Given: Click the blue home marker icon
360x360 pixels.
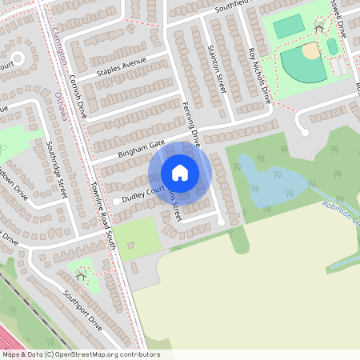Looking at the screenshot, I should pos(180,172).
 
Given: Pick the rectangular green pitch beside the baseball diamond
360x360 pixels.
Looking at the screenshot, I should pos(287,27).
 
